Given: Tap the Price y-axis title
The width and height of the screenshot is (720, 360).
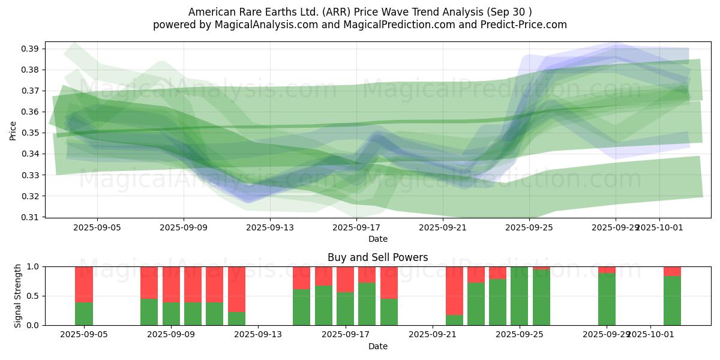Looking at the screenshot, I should click(13, 130).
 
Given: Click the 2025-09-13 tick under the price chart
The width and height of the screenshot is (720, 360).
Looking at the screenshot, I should click(270, 228).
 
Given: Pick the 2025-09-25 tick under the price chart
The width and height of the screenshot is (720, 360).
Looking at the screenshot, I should click(529, 228).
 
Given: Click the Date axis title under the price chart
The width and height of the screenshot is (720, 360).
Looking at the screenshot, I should click(378, 239).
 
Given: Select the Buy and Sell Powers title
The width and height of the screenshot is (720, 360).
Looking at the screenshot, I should click(378, 257).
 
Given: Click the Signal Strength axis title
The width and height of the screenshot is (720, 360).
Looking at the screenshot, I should click(18, 296).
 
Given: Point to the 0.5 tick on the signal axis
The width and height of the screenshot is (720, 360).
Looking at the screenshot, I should click(33, 296).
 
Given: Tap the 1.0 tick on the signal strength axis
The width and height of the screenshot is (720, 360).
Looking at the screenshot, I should click(33, 266).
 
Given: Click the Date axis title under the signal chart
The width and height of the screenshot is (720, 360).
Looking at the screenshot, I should click(378, 346).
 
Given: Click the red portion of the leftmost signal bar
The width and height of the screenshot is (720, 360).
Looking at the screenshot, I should click(84, 284).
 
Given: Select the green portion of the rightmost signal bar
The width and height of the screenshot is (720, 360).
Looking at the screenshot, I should click(672, 301).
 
